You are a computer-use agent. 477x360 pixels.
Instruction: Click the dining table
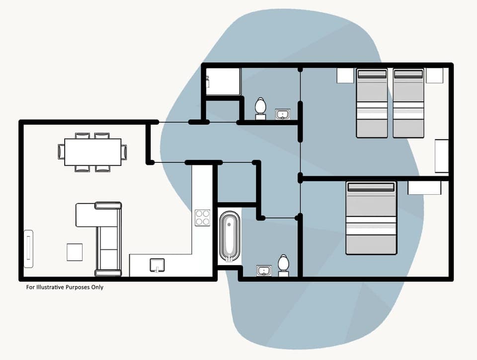[92, 152]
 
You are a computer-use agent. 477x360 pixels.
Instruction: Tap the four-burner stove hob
[202, 217]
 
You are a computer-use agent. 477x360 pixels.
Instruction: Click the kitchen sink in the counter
[158, 265]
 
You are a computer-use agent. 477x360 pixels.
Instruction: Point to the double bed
[371, 218]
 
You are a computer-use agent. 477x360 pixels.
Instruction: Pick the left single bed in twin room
[372, 103]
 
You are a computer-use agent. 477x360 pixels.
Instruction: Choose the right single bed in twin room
[408, 103]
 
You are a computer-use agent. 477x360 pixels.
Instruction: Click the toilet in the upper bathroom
[260, 108]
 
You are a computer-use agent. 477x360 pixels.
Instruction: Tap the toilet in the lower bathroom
[283, 265]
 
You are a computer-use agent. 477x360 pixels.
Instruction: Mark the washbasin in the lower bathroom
[264, 271]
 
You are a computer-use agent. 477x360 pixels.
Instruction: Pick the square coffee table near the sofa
[75, 252]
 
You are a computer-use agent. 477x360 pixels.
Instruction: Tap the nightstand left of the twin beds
[345, 75]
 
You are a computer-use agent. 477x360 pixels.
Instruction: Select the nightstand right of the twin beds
[434, 75]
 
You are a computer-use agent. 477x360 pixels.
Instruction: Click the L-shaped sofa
[104, 233]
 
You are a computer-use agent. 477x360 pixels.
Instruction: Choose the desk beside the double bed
[424, 188]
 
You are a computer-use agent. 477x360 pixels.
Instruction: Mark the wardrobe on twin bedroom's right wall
[441, 156]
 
